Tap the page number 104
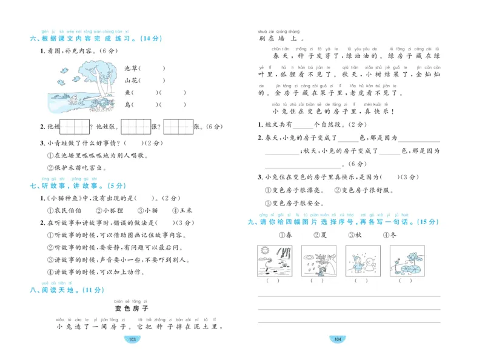coord(338,339)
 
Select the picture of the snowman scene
coord(359,260)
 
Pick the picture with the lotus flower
coord(404,260)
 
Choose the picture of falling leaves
coord(316,260)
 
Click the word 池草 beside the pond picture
coord(132,68)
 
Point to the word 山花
coord(131,80)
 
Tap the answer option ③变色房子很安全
coord(294,203)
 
